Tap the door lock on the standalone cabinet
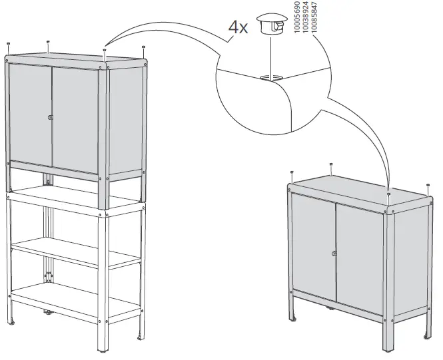(x=334, y=253)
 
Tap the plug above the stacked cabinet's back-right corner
(x=144, y=47)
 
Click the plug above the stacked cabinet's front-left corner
(x=7, y=44)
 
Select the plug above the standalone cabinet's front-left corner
(x=292, y=173)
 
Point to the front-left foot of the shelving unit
(x=11, y=324)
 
